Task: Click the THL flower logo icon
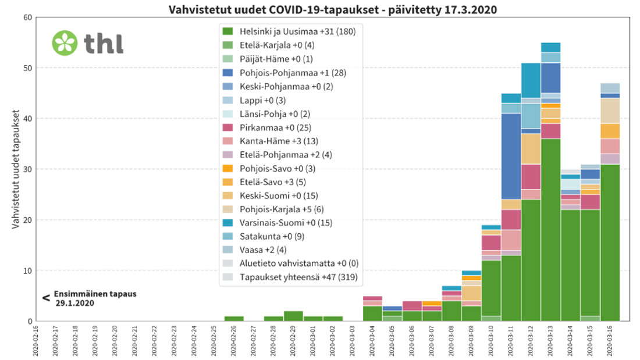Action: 65,42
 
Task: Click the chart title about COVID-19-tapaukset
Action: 332,10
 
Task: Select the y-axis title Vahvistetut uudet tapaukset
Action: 16,169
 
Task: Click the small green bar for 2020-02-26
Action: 234,318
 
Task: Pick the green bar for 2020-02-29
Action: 293,316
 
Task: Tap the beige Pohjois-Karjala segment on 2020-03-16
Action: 610,111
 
